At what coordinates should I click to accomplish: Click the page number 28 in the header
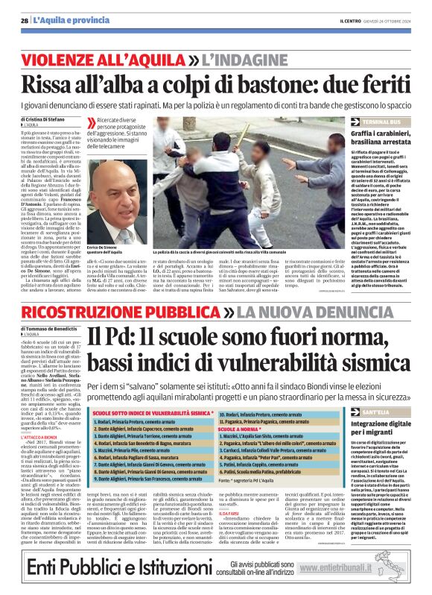25,21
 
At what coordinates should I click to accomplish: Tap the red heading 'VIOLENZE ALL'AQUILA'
110,57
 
